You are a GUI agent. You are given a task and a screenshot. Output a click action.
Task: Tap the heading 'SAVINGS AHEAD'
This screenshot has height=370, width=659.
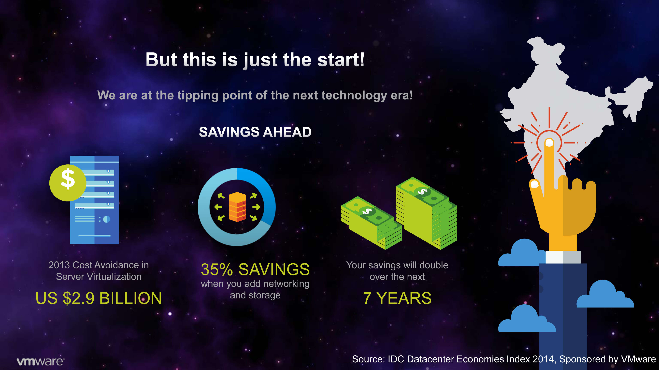point(255,132)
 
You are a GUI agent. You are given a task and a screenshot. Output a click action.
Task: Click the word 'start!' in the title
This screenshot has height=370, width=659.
point(341,60)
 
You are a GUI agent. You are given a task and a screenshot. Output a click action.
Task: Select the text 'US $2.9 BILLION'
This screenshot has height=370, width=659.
point(99,298)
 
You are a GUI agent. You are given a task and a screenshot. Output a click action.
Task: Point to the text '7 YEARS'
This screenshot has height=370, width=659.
point(397,298)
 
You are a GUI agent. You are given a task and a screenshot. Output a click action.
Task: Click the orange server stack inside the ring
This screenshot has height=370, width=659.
point(237,207)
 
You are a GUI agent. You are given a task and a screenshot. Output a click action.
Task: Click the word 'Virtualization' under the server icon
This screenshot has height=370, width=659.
point(113,277)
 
